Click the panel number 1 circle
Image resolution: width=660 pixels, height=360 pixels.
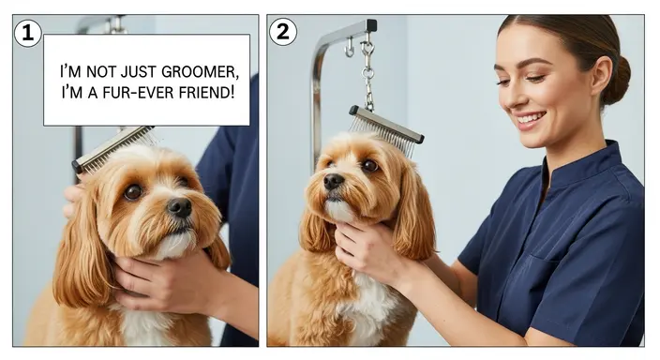[28, 32]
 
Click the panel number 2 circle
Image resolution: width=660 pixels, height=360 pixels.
[283, 32]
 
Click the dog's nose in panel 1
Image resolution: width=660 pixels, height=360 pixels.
[178, 206]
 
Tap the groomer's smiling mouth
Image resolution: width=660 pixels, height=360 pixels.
[531, 120]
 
